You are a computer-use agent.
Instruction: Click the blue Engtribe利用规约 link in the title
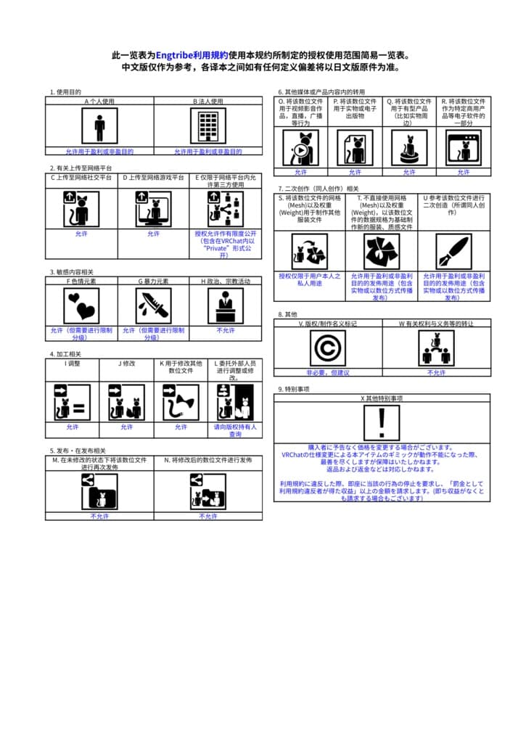[x=192, y=55]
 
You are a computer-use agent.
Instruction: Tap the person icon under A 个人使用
[x=99, y=127]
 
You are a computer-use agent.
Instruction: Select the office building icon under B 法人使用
[x=208, y=127]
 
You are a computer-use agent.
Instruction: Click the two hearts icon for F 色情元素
[x=81, y=305]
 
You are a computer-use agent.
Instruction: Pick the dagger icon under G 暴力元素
[x=153, y=305]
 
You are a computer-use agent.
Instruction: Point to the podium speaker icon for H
[x=226, y=305]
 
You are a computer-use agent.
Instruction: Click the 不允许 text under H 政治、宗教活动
[x=226, y=330]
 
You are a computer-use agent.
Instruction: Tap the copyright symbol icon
[x=328, y=348]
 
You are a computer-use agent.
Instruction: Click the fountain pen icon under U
[x=454, y=251]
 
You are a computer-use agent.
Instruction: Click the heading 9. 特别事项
[x=294, y=390]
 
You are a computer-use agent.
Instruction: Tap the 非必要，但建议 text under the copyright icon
[x=328, y=372]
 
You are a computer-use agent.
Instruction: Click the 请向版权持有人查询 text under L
[x=235, y=431]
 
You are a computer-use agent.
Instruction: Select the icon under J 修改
[x=126, y=402]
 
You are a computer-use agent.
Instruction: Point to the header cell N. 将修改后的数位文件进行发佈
[x=207, y=460]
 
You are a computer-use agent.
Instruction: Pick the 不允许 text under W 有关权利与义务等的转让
[x=436, y=372]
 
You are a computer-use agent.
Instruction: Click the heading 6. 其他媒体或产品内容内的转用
[x=321, y=92]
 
